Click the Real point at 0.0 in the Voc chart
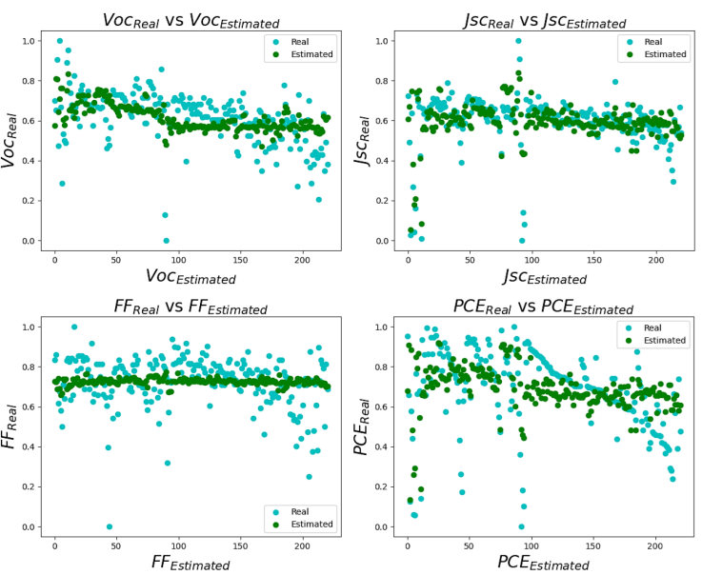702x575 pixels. (166, 241)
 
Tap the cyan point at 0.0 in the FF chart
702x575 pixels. (110, 526)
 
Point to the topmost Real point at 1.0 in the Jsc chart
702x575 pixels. (518, 41)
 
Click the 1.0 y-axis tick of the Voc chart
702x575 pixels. (30, 41)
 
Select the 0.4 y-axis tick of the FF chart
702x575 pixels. (30, 446)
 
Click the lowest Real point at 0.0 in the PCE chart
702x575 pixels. (521, 526)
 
